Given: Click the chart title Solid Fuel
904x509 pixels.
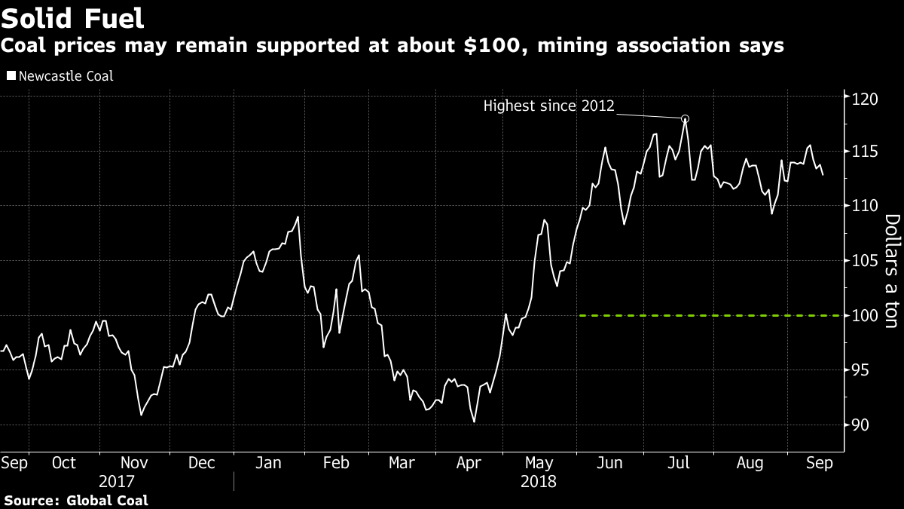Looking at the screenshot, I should point(73,17).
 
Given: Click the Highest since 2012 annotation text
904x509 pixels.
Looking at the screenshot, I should point(549,106).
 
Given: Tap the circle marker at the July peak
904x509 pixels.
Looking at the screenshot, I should point(685,118).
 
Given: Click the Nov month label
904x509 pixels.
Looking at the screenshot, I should point(134,463).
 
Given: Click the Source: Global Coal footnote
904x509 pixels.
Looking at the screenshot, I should point(77,500).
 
